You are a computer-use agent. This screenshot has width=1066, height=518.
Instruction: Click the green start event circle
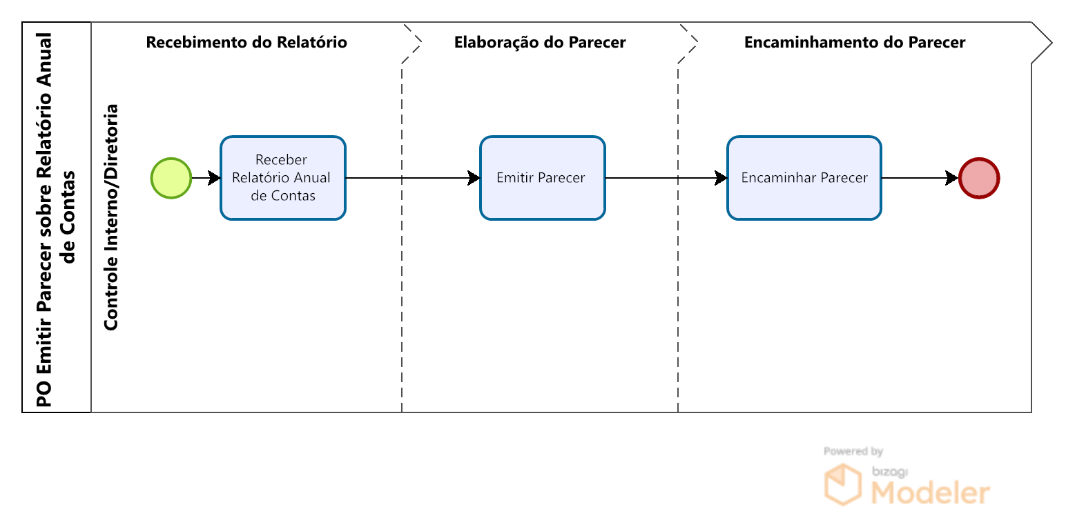point(171,178)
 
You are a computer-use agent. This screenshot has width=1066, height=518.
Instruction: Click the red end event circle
point(979,178)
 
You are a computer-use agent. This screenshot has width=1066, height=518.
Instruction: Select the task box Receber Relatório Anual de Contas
point(282,178)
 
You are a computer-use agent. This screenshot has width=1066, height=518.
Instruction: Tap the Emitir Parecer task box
point(543,178)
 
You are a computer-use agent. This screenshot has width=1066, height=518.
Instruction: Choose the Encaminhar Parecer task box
point(804,178)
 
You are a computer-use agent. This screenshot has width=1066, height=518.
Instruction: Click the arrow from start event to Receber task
point(206,178)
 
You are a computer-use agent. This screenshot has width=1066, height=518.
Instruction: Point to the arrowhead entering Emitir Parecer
point(474,178)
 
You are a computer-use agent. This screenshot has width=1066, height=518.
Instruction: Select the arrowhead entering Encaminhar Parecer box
point(721,178)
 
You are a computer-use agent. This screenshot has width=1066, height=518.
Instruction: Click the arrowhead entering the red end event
point(952,178)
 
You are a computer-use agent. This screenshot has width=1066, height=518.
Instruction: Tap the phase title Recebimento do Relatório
point(246,42)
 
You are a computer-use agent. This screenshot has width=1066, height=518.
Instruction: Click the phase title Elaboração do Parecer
point(540,42)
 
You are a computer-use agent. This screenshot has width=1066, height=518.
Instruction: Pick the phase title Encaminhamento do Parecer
point(855,42)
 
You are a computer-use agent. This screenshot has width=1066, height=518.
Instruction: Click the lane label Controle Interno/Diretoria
point(111,217)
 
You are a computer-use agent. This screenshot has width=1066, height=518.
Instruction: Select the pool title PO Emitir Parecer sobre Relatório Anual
point(44,219)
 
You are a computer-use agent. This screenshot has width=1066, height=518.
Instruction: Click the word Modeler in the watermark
point(931,492)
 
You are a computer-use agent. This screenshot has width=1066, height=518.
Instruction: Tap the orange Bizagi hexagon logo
point(843,484)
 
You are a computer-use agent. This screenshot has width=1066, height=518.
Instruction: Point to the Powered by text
point(853,451)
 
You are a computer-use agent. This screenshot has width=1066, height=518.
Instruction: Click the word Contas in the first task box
point(293,196)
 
